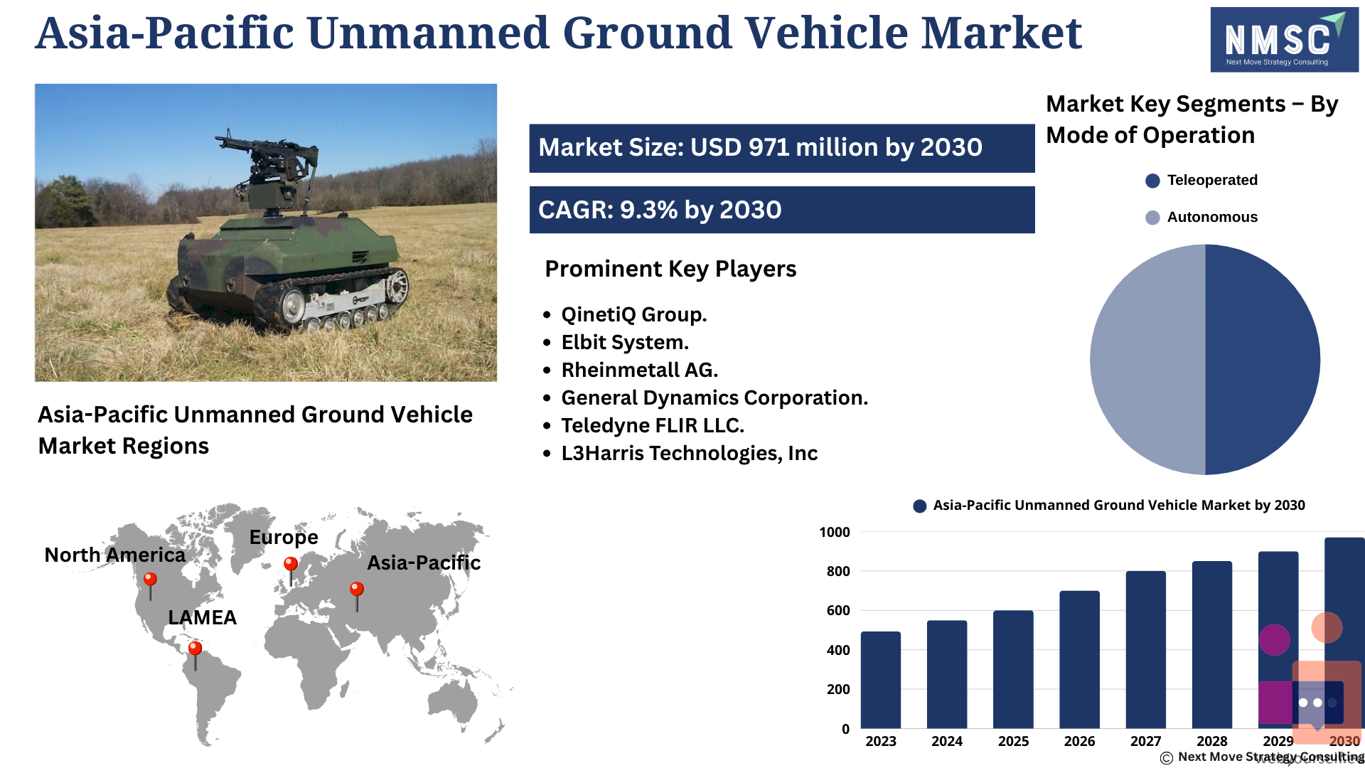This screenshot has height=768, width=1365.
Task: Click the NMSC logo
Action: pos(1284,40)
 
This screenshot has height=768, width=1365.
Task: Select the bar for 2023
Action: pos(880,680)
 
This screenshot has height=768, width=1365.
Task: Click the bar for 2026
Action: pos(1079,659)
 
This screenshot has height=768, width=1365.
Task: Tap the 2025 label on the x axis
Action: pos(1013,741)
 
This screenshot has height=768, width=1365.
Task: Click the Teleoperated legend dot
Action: pos(1152,181)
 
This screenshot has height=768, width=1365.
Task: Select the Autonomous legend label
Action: pos(1212,217)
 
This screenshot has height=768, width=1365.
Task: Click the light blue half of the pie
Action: pos(1147,359)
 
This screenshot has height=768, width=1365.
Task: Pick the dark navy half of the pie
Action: pos(1263,359)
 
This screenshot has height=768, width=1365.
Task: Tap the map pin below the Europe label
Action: pos(291,570)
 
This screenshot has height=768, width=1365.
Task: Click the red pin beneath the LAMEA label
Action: pos(195,655)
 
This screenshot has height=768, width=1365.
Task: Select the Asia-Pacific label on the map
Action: pos(424,562)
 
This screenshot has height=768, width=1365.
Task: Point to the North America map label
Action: pos(114,555)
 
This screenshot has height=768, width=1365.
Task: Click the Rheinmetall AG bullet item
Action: pos(639,370)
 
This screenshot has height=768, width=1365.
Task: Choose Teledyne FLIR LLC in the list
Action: pos(653,425)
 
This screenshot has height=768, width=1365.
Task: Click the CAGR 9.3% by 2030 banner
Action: pos(782,210)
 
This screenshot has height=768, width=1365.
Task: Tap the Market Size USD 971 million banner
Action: pos(782,148)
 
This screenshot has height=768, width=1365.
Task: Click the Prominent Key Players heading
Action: pos(670,269)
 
